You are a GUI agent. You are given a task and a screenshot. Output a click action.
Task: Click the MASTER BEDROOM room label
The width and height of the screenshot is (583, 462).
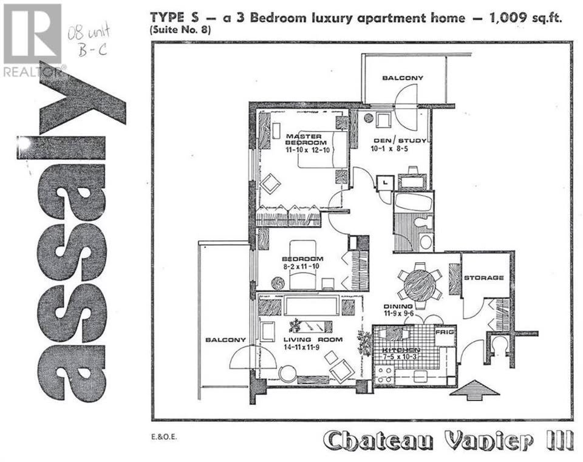click(x=306, y=140)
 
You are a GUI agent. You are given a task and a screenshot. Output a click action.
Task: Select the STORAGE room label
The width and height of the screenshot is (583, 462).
click(x=484, y=277)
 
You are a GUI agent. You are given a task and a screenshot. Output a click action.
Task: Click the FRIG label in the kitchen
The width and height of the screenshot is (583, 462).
click(x=445, y=332)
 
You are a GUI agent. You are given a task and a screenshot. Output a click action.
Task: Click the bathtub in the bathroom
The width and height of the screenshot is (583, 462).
click(x=414, y=203)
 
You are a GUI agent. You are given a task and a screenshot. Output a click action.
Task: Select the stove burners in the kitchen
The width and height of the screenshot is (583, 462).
click(x=384, y=375)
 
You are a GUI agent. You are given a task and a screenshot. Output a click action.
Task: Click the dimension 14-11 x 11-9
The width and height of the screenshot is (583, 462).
click(x=302, y=347)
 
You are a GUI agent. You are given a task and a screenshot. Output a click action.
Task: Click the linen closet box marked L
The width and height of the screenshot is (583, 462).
click(x=385, y=182)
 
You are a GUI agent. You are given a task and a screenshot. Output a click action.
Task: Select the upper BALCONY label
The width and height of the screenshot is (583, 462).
click(x=403, y=78)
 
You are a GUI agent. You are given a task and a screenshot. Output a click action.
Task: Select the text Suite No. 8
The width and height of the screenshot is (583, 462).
click(x=180, y=30)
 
